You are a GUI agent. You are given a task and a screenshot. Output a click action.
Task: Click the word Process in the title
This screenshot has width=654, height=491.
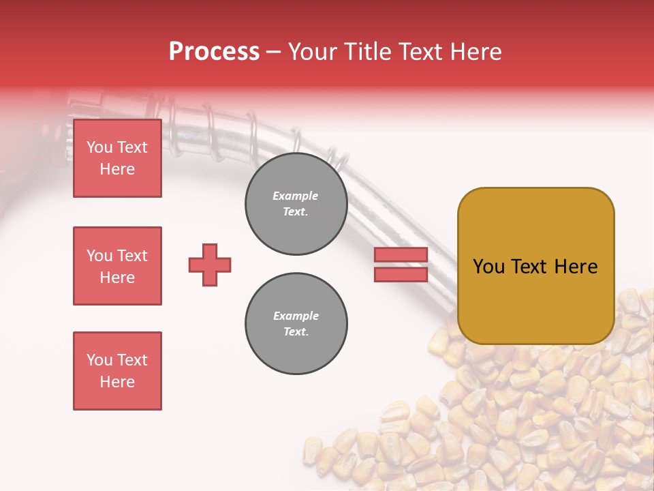coord(215,52)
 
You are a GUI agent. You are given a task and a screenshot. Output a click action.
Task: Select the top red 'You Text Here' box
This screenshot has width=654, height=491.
coord(118,158)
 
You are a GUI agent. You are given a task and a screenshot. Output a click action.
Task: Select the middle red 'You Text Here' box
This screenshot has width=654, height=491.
coord(118,266)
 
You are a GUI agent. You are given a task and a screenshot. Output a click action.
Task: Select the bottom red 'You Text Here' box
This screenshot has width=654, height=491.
coord(118,371)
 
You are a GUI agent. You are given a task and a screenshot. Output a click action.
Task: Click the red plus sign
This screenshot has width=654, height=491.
coord(210,265)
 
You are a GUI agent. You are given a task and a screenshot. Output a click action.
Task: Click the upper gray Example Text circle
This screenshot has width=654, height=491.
coord(296,204)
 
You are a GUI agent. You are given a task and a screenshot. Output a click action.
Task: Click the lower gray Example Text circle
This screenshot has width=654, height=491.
coord(296,323)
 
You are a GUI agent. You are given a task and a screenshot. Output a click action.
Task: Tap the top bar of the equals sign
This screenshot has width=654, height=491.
coord(401,254)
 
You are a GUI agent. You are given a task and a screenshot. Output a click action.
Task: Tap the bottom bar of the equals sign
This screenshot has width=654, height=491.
coord(401,275)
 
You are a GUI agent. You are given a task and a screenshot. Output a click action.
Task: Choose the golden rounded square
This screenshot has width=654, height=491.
coord(536,266)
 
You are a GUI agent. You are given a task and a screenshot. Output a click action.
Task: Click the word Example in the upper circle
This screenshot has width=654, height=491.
coord(295,196)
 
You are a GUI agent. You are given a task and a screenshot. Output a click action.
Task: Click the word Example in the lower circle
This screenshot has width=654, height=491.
coord(296,316)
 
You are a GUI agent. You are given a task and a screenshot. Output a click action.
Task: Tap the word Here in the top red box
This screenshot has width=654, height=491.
coord(117,169)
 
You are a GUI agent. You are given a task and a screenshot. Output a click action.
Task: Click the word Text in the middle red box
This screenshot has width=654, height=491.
coord(131,256)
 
